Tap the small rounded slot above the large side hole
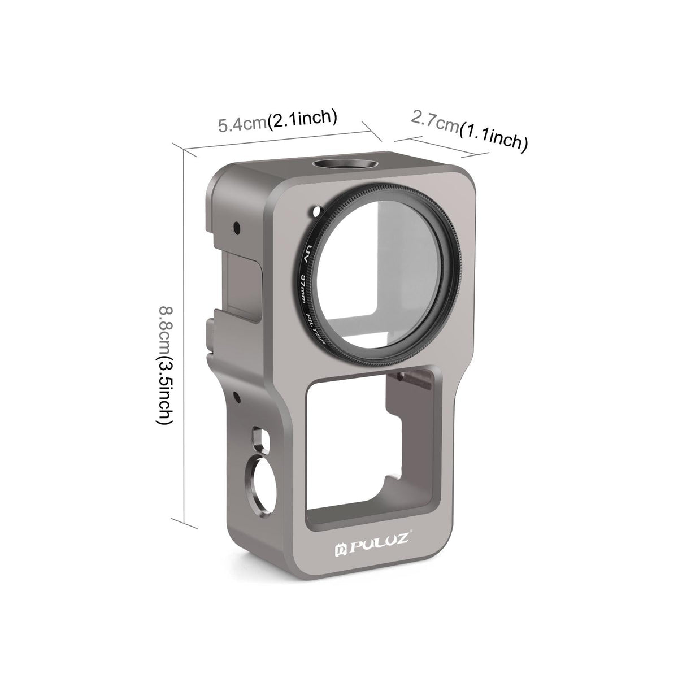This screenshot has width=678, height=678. click(258, 435)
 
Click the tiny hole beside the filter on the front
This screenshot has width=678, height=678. click(314, 214)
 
